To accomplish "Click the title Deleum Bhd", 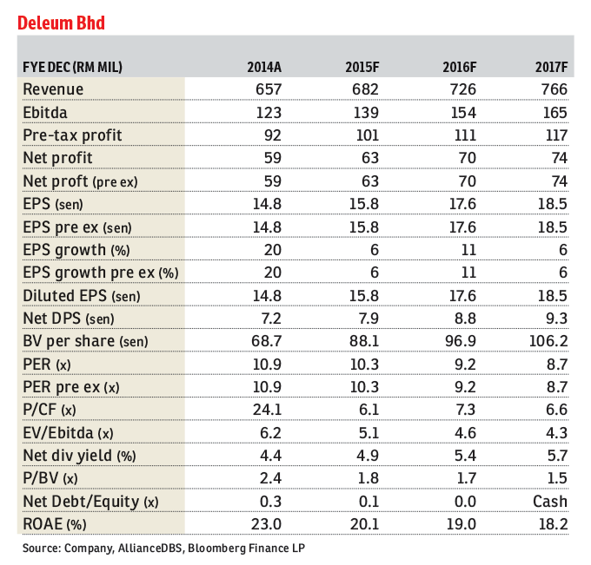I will [x=62, y=23].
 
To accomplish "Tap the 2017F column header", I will [x=548, y=67].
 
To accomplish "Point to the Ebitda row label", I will [x=46, y=113].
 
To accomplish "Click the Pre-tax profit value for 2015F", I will [x=368, y=135].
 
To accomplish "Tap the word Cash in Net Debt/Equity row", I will [x=550, y=501].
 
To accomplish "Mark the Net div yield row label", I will [x=75, y=455].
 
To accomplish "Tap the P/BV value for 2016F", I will [x=465, y=478].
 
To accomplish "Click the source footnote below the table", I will [x=164, y=549].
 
